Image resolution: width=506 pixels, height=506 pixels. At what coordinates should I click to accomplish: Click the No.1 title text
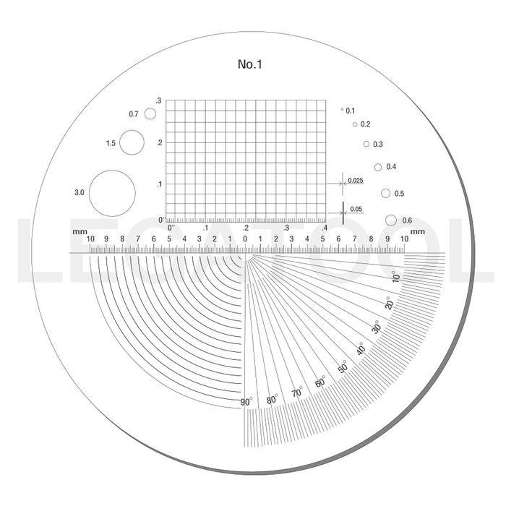click(x=249, y=64)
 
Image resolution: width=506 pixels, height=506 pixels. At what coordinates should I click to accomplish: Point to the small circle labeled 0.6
click(x=391, y=215)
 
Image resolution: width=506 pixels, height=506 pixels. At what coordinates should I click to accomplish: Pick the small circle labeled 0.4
click(x=378, y=163)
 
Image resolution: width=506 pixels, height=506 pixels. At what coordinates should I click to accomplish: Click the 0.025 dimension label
click(x=356, y=181)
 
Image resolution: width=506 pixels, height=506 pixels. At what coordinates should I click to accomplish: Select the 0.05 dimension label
click(x=356, y=209)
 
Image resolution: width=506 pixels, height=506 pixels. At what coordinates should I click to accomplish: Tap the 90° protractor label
click(x=246, y=402)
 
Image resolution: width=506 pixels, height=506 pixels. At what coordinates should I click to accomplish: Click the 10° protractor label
click(x=395, y=277)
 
